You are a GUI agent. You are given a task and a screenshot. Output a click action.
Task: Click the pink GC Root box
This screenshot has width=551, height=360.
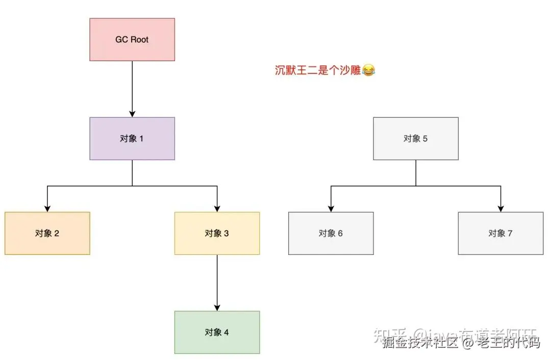pyautogui.click(x=132, y=40)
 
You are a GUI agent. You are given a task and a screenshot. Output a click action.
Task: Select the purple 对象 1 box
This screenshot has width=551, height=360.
pyautogui.click(x=132, y=139)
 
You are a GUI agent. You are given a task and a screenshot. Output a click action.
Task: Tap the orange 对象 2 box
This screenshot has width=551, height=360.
pyautogui.click(x=47, y=234)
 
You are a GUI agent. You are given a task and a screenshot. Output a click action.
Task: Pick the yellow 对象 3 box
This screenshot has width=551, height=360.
pyautogui.click(x=217, y=234)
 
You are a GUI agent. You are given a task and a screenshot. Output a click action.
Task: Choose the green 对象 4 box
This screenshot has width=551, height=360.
pyautogui.click(x=217, y=332)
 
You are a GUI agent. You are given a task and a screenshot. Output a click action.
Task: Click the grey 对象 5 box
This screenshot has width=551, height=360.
pyautogui.click(x=416, y=139)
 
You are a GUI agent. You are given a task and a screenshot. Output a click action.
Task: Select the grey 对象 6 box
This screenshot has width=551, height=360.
pyautogui.click(x=331, y=234)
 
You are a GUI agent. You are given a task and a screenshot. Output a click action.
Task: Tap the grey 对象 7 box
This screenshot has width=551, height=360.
pyautogui.click(x=500, y=234)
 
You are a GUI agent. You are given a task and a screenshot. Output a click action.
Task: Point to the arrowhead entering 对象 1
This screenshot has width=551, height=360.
pyautogui.click(x=132, y=114)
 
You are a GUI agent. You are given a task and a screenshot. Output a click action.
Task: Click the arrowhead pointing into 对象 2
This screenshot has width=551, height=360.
pyautogui.click(x=47, y=208)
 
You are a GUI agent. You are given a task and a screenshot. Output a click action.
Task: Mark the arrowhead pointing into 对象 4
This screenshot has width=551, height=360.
pyautogui.click(x=217, y=307)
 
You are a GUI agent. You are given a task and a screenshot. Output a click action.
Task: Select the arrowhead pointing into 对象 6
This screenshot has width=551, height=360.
pyautogui.click(x=331, y=208)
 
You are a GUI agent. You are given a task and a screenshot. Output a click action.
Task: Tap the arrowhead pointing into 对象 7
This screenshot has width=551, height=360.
pyautogui.click(x=500, y=208)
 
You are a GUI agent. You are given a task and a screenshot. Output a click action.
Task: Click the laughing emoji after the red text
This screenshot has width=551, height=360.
pyautogui.click(x=368, y=71)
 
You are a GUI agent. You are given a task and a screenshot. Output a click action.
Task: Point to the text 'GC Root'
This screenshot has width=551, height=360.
pyautogui.click(x=132, y=40)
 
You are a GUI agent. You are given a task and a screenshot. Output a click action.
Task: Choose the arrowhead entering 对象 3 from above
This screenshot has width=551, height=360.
pyautogui.click(x=217, y=208)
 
